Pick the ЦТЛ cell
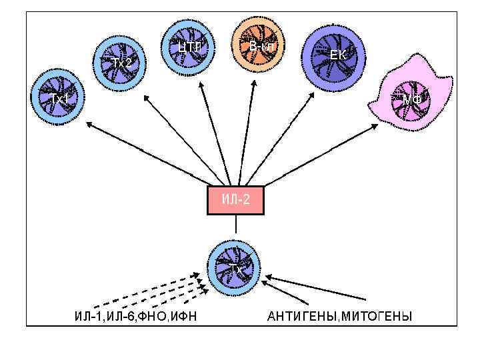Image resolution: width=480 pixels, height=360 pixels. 191,48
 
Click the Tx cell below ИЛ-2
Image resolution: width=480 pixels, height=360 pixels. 235,267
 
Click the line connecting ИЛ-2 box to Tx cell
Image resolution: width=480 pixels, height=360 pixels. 235,227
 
